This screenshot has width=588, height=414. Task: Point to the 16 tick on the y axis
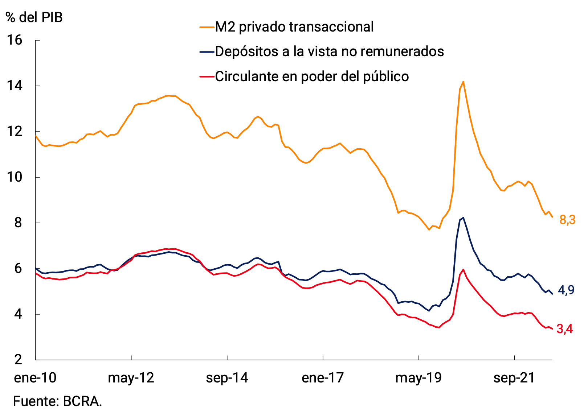pyautogui.click(x=15, y=40)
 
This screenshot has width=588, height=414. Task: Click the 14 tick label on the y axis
pyautogui.click(x=15, y=86)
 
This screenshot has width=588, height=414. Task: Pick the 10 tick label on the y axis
pyautogui.click(x=15, y=177)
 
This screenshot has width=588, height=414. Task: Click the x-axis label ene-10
pyautogui.click(x=35, y=378)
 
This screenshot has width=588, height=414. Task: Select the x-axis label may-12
pyautogui.click(x=131, y=378)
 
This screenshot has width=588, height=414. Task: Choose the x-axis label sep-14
pyautogui.click(x=227, y=378)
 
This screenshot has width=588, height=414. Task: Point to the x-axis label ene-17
pyautogui.click(x=323, y=378)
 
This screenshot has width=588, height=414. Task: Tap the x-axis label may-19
pyautogui.click(x=418, y=378)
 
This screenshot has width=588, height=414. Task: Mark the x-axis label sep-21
pyautogui.click(x=514, y=378)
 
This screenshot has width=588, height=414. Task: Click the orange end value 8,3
pyautogui.click(x=567, y=220)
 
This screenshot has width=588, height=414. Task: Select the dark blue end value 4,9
pyautogui.click(x=566, y=290)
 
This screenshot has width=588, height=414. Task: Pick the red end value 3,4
pyautogui.click(x=565, y=329)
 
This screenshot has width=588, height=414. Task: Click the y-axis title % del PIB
pyautogui.click(x=34, y=17)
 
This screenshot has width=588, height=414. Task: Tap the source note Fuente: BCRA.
pyautogui.click(x=57, y=401)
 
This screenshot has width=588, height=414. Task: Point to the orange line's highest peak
pyautogui.click(x=463, y=82)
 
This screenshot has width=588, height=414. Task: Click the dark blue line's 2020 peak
pyautogui.click(x=464, y=218)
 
